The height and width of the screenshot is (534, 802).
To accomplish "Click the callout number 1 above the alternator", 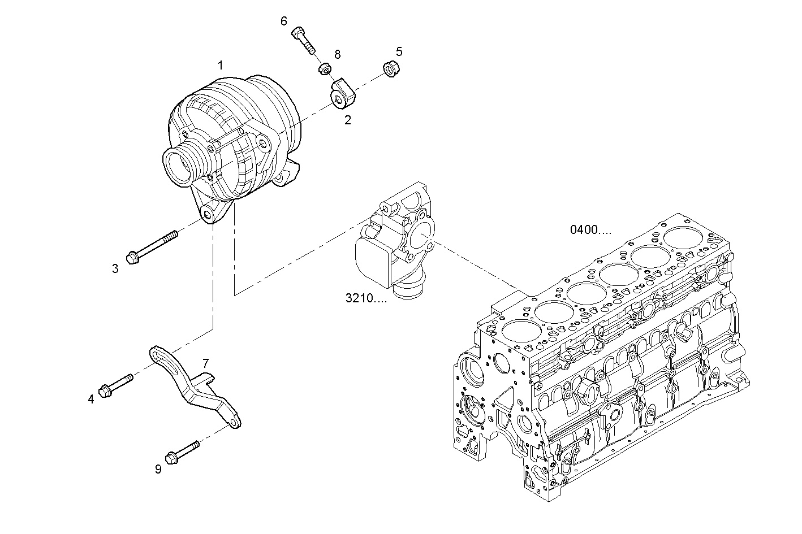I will [x=221, y=66].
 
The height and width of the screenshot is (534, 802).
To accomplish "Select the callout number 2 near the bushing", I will [x=348, y=120].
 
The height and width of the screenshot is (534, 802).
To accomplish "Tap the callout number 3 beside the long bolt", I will [x=115, y=268].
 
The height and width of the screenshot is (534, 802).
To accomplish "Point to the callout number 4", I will [x=91, y=400].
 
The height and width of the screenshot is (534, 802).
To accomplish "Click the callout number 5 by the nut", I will [x=399, y=52].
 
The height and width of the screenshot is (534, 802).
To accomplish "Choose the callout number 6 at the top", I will [x=284, y=21].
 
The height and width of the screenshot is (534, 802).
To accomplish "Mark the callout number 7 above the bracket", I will [x=205, y=362].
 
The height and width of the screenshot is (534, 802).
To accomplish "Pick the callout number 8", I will [x=338, y=54].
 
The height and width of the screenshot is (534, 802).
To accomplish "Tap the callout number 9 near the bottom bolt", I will [x=158, y=469].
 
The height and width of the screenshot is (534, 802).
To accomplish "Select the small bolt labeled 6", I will [x=303, y=38].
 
